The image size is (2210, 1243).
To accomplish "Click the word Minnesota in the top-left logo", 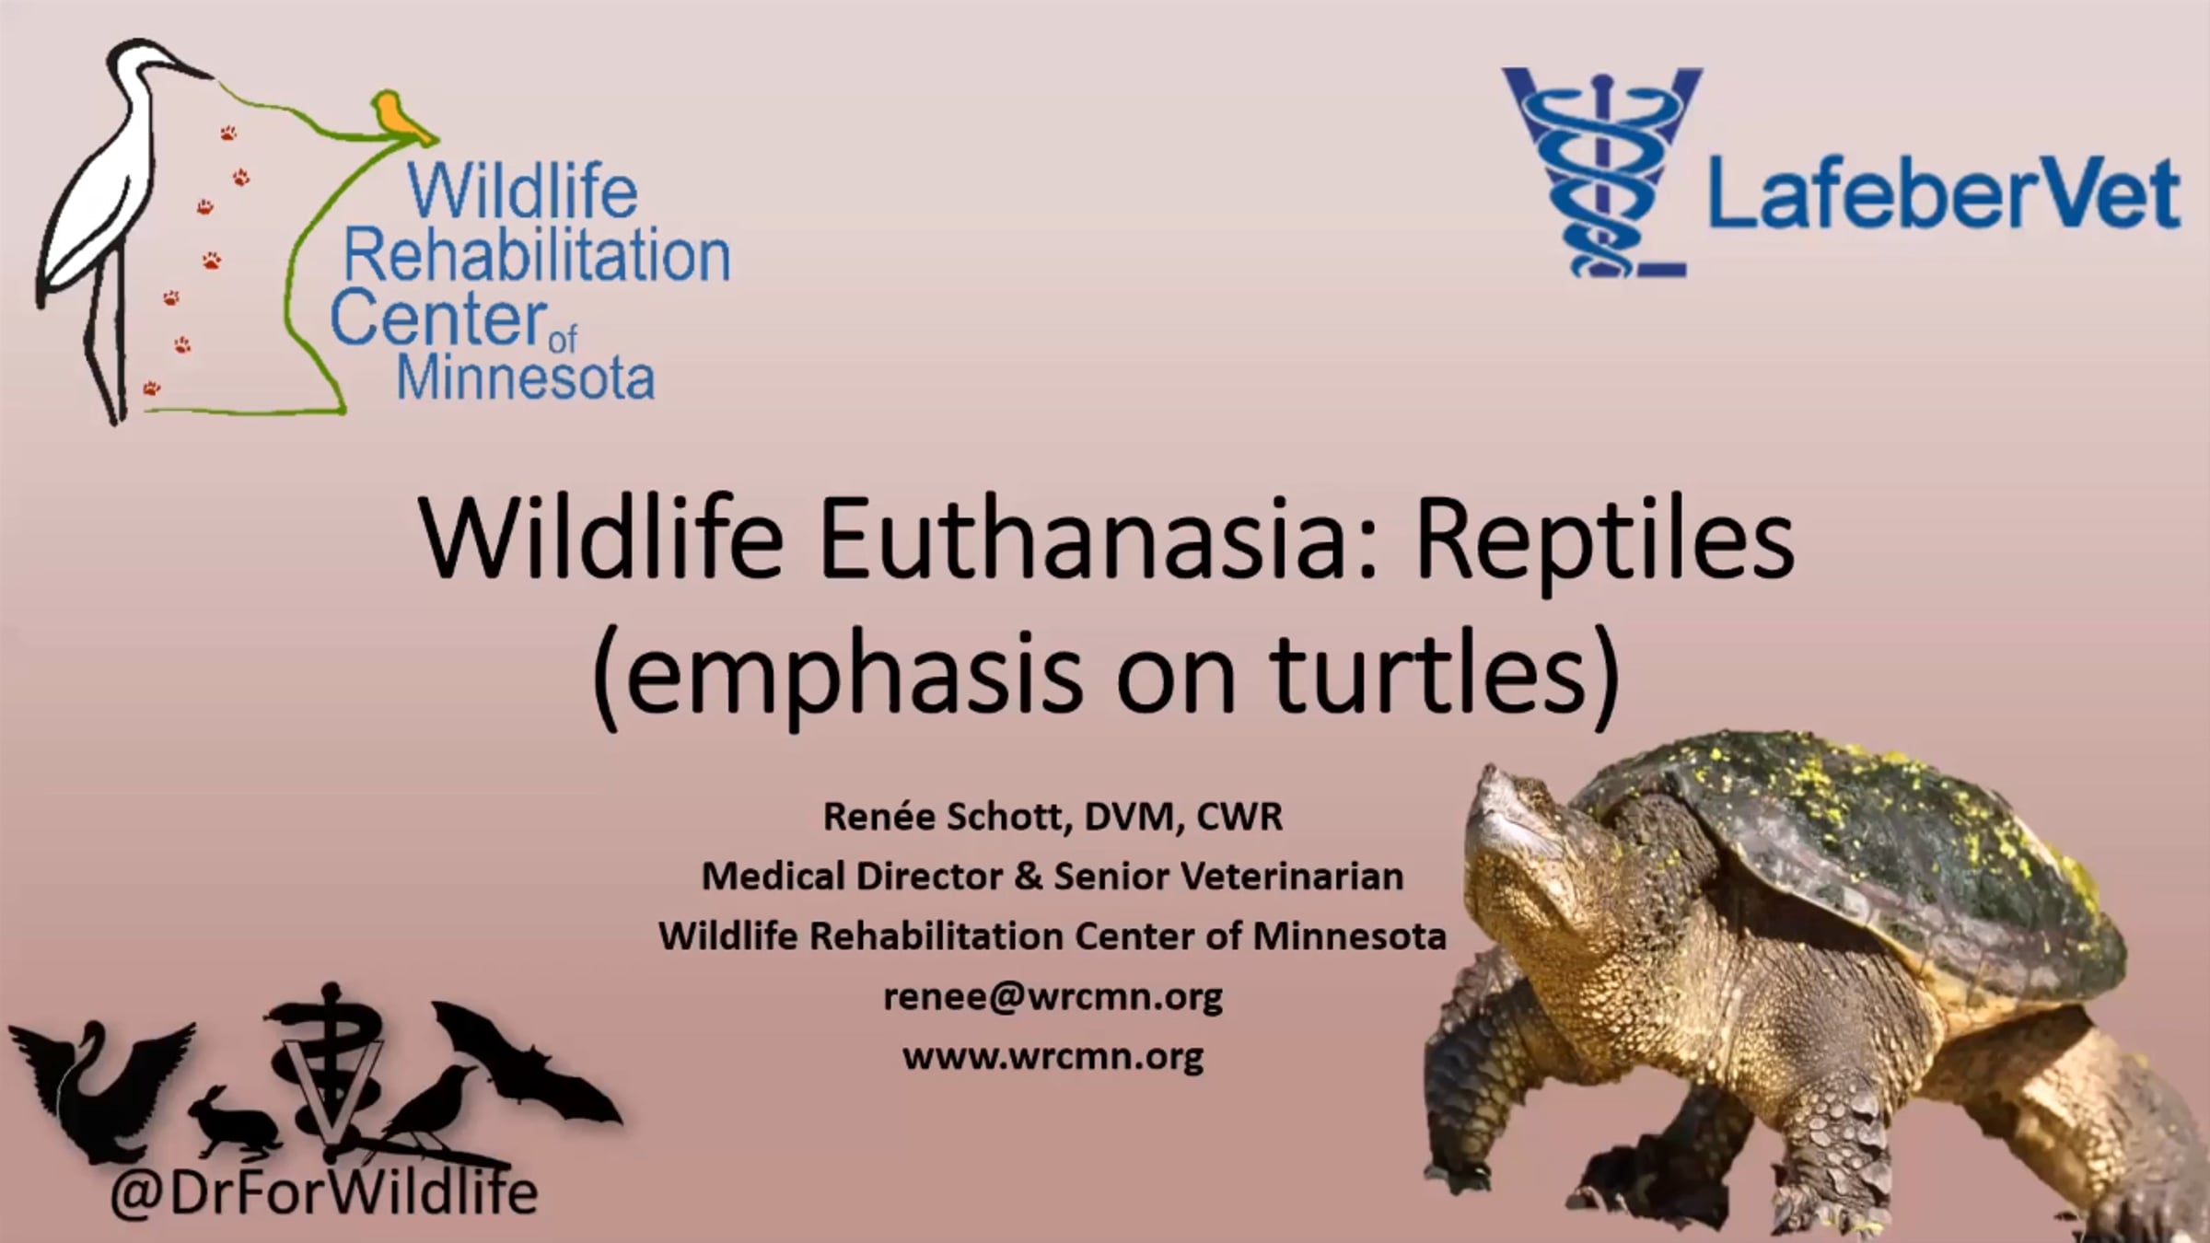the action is pos(525,377).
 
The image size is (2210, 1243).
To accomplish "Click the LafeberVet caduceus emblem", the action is pos(1603,172).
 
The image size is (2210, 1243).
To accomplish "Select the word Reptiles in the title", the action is pos(1604,543).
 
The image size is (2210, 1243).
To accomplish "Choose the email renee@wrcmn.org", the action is pos(1053,997).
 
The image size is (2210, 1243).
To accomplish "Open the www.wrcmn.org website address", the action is pos(1053,1056).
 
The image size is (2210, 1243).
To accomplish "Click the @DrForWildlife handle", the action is pos(323,1192).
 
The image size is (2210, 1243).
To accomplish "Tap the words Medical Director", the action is pos(852,876).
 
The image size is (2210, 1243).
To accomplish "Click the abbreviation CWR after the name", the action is pos(1238,817).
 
